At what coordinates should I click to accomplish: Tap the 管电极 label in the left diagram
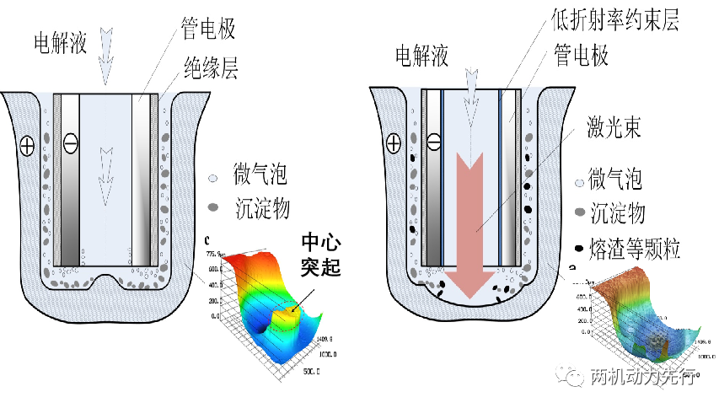point(208,29)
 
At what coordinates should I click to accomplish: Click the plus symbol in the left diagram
point(28,146)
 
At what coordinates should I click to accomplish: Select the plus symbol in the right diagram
point(393,143)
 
